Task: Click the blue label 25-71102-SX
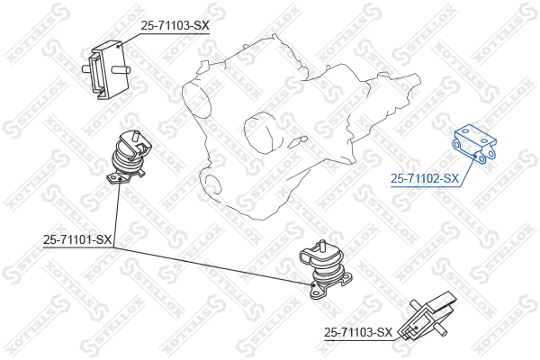point(425,178)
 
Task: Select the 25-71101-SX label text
point(77,239)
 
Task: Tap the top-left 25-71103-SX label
point(175,25)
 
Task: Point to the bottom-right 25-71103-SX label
point(358,332)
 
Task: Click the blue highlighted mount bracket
point(474,144)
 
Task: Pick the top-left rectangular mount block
point(107,70)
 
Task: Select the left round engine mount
point(129,157)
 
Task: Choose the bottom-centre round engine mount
point(326,270)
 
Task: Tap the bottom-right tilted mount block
point(427,317)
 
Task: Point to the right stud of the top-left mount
point(121,70)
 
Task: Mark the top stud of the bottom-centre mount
point(323,245)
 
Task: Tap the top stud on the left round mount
point(135,134)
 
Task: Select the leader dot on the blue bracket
point(475,157)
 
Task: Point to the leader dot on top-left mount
point(118,46)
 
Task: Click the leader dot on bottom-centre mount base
point(313,285)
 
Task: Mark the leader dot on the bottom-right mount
point(417,328)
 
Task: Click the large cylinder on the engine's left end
point(196,100)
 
